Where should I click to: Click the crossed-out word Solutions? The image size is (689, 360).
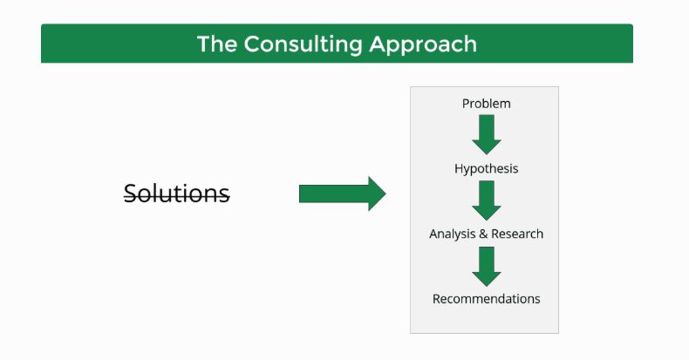(x=177, y=194)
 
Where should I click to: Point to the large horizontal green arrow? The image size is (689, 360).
(x=341, y=194)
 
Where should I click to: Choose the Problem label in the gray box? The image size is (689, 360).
(x=486, y=104)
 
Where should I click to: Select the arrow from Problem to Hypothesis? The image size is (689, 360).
(x=486, y=134)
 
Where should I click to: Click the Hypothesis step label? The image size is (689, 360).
(x=486, y=168)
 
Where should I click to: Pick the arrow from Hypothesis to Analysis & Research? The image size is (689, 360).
(x=486, y=200)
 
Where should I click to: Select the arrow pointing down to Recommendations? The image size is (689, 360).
(x=486, y=265)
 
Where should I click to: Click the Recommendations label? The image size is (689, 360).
(x=486, y=299)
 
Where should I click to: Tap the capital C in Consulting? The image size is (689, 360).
(x=251, y=44)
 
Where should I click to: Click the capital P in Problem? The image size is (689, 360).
(x=466, y=104)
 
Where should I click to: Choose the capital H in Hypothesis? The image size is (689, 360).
(x=459, y=168)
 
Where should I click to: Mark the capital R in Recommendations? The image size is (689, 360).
(x=437, y=299)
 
